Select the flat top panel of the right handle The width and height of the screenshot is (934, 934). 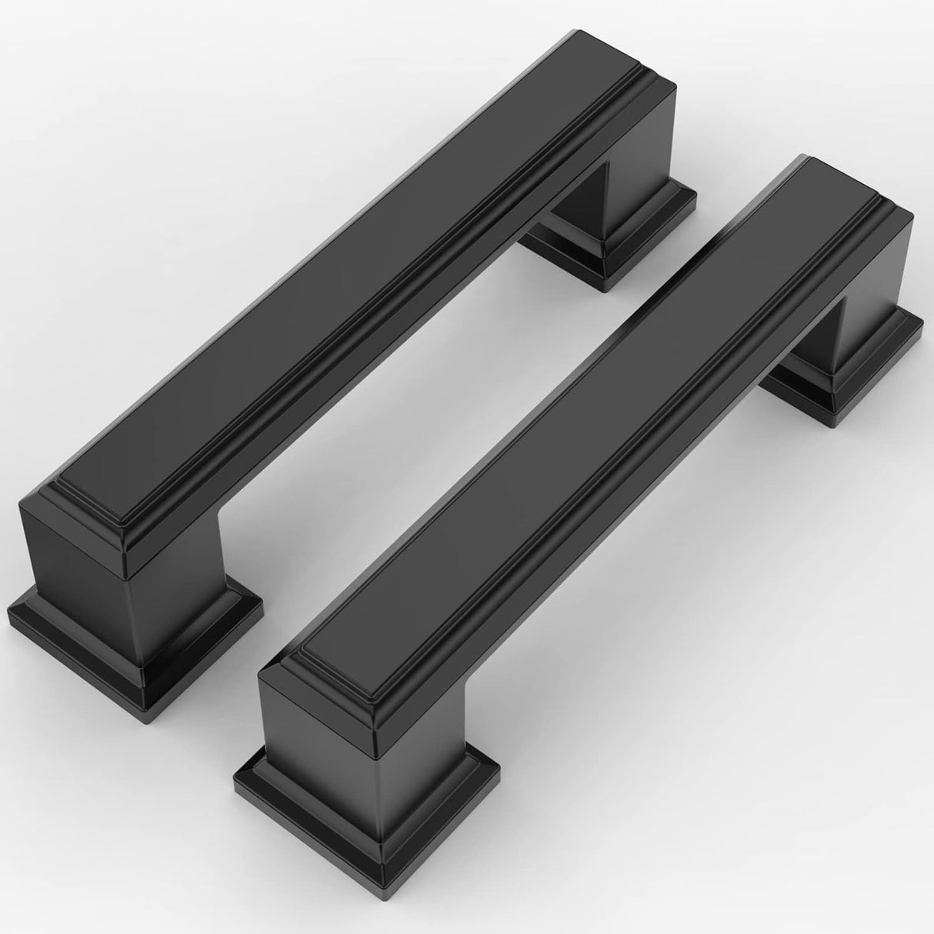point(569,431)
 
